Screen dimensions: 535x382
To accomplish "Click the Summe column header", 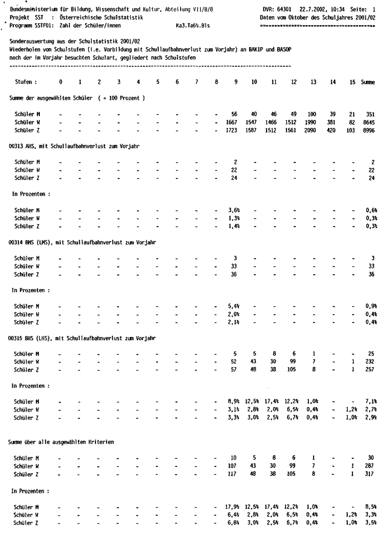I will pyautogui.click(x=368, y=82).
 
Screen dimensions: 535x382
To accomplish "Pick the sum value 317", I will pyautogui.click(x=370, y=473).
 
